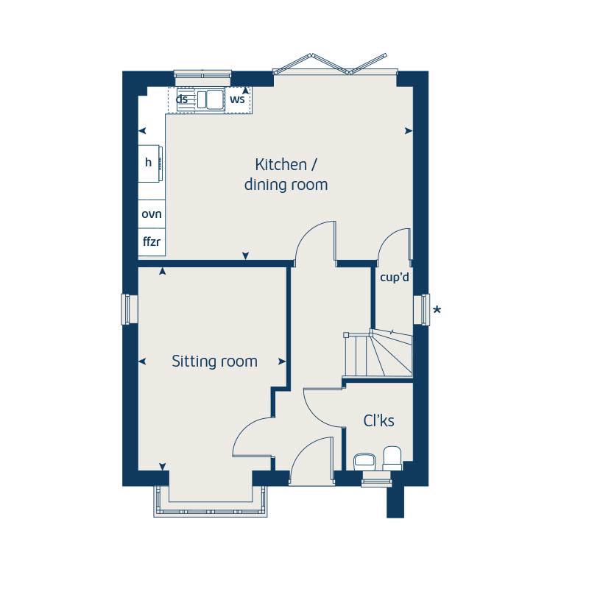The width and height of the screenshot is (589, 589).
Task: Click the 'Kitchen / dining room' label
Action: point(286,174)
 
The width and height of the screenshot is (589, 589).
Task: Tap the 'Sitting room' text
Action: point(214,361)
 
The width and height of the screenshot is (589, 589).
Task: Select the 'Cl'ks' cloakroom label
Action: point(379,421)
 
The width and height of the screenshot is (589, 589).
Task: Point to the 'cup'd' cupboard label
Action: point(394,278)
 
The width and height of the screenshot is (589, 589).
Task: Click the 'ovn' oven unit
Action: point(152,214)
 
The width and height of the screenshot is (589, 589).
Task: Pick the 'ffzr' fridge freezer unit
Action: point(152,241)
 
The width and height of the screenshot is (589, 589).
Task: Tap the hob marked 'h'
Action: point(150,163)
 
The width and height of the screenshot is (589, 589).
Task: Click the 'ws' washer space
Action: point(237,99)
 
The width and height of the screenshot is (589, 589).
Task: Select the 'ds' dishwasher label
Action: point(181,99)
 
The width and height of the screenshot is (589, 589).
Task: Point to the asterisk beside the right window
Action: point(437,311)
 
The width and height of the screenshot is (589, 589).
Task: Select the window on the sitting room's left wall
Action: point(129,308)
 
